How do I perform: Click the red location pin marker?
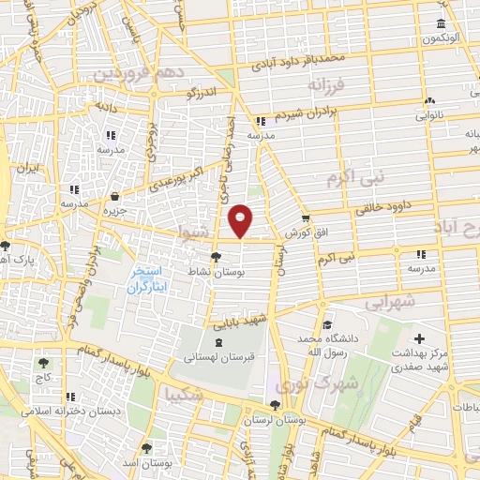(x=241, y=220)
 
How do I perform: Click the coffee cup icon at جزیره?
(x=114, y=196)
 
